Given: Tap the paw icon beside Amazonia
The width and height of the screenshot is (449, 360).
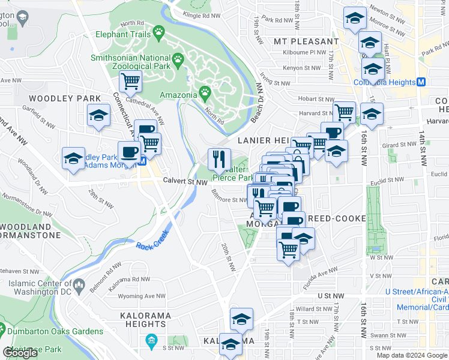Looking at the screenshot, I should pos(205,93).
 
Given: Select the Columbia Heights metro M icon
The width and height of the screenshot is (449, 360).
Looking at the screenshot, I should pos(421,82).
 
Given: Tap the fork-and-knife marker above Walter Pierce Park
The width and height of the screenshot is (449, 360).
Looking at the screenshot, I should pos(218,159).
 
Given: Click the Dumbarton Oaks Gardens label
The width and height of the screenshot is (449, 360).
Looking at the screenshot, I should pos(41,329).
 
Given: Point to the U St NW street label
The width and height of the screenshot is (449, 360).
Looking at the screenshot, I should pos(330,296).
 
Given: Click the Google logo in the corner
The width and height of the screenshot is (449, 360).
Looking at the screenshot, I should pos(20,352).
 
